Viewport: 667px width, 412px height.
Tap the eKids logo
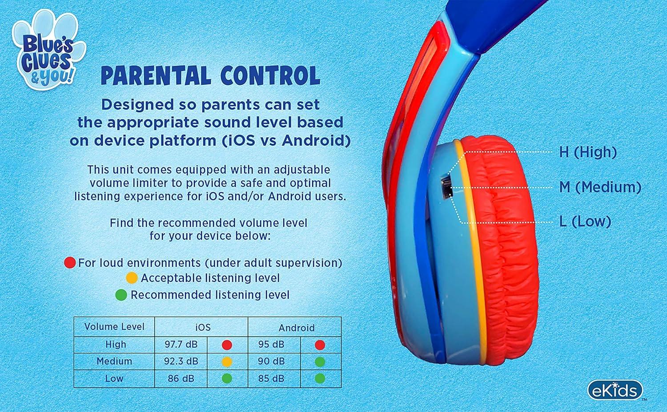615,390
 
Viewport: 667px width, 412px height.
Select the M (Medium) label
600,187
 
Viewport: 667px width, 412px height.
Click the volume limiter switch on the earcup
446,187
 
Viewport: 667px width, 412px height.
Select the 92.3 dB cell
181,361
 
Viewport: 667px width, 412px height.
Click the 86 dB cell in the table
181,378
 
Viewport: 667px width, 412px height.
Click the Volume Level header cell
114,327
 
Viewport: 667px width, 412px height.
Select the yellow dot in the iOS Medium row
227,362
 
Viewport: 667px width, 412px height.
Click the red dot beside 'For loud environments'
70,262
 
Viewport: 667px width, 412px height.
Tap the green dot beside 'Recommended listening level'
121,295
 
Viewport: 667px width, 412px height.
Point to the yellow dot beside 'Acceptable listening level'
132,278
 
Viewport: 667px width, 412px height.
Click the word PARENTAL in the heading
156,76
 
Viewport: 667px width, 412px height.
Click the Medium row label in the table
114,361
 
